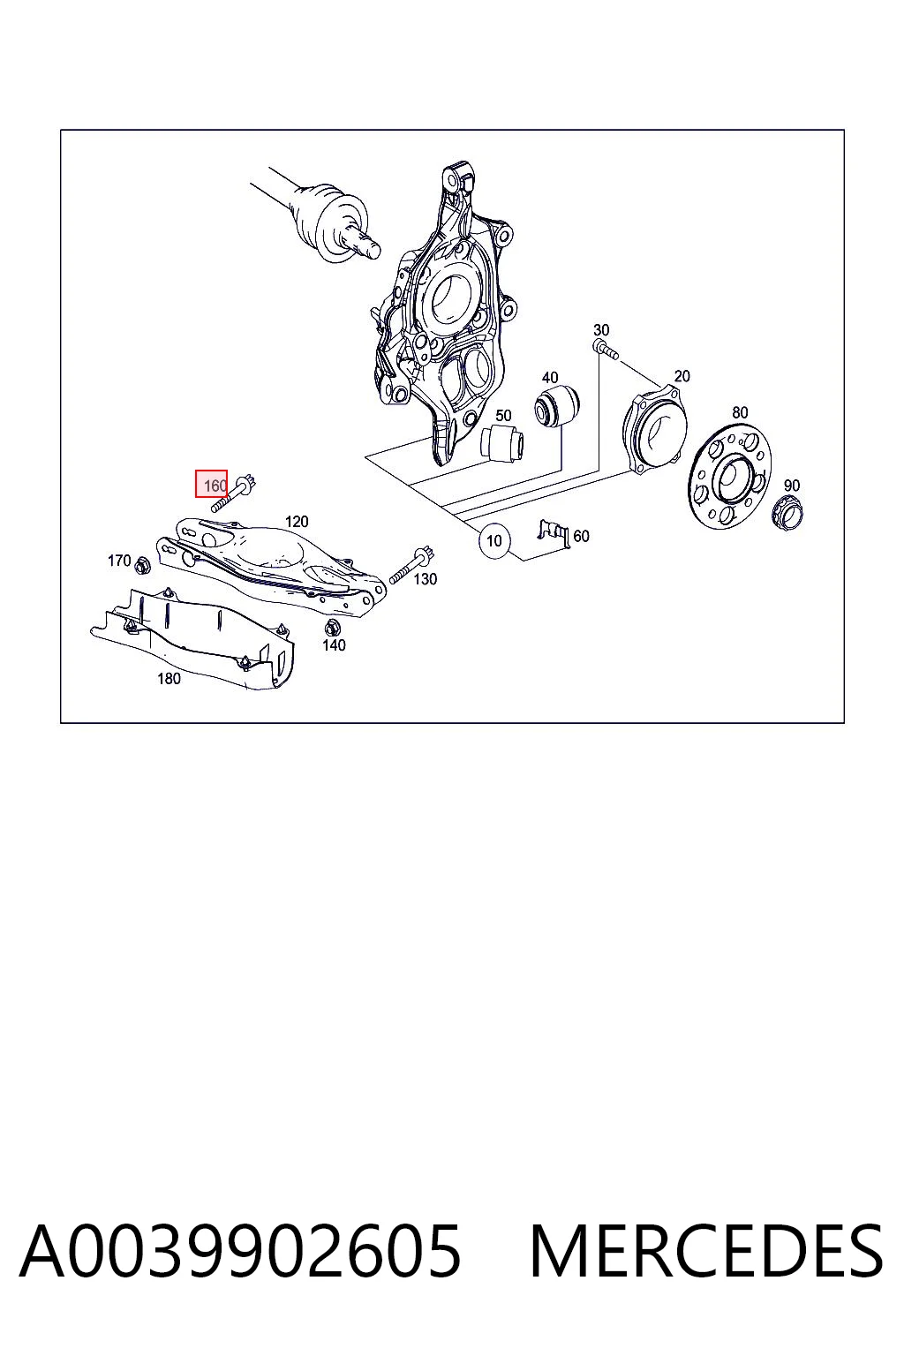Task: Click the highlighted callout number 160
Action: click(x=211, y=484)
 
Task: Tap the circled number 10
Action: click(x=494, y=540)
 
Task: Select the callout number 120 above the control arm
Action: click(x=297, y=521)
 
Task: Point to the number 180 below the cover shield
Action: click(x=169, y=679)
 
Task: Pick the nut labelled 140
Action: click(x=331, y=628)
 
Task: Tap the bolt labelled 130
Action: click(x=411, y=564)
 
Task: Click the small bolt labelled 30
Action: click(x=605, y=350)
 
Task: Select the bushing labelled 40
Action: click(x=557, y=405)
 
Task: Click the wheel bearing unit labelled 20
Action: click(x=655, y=428)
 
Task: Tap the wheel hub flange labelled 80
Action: click(x=730, y=475)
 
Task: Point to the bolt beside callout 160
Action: click(x=234, y=492)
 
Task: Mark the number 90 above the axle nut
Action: click(x=791, y=486)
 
